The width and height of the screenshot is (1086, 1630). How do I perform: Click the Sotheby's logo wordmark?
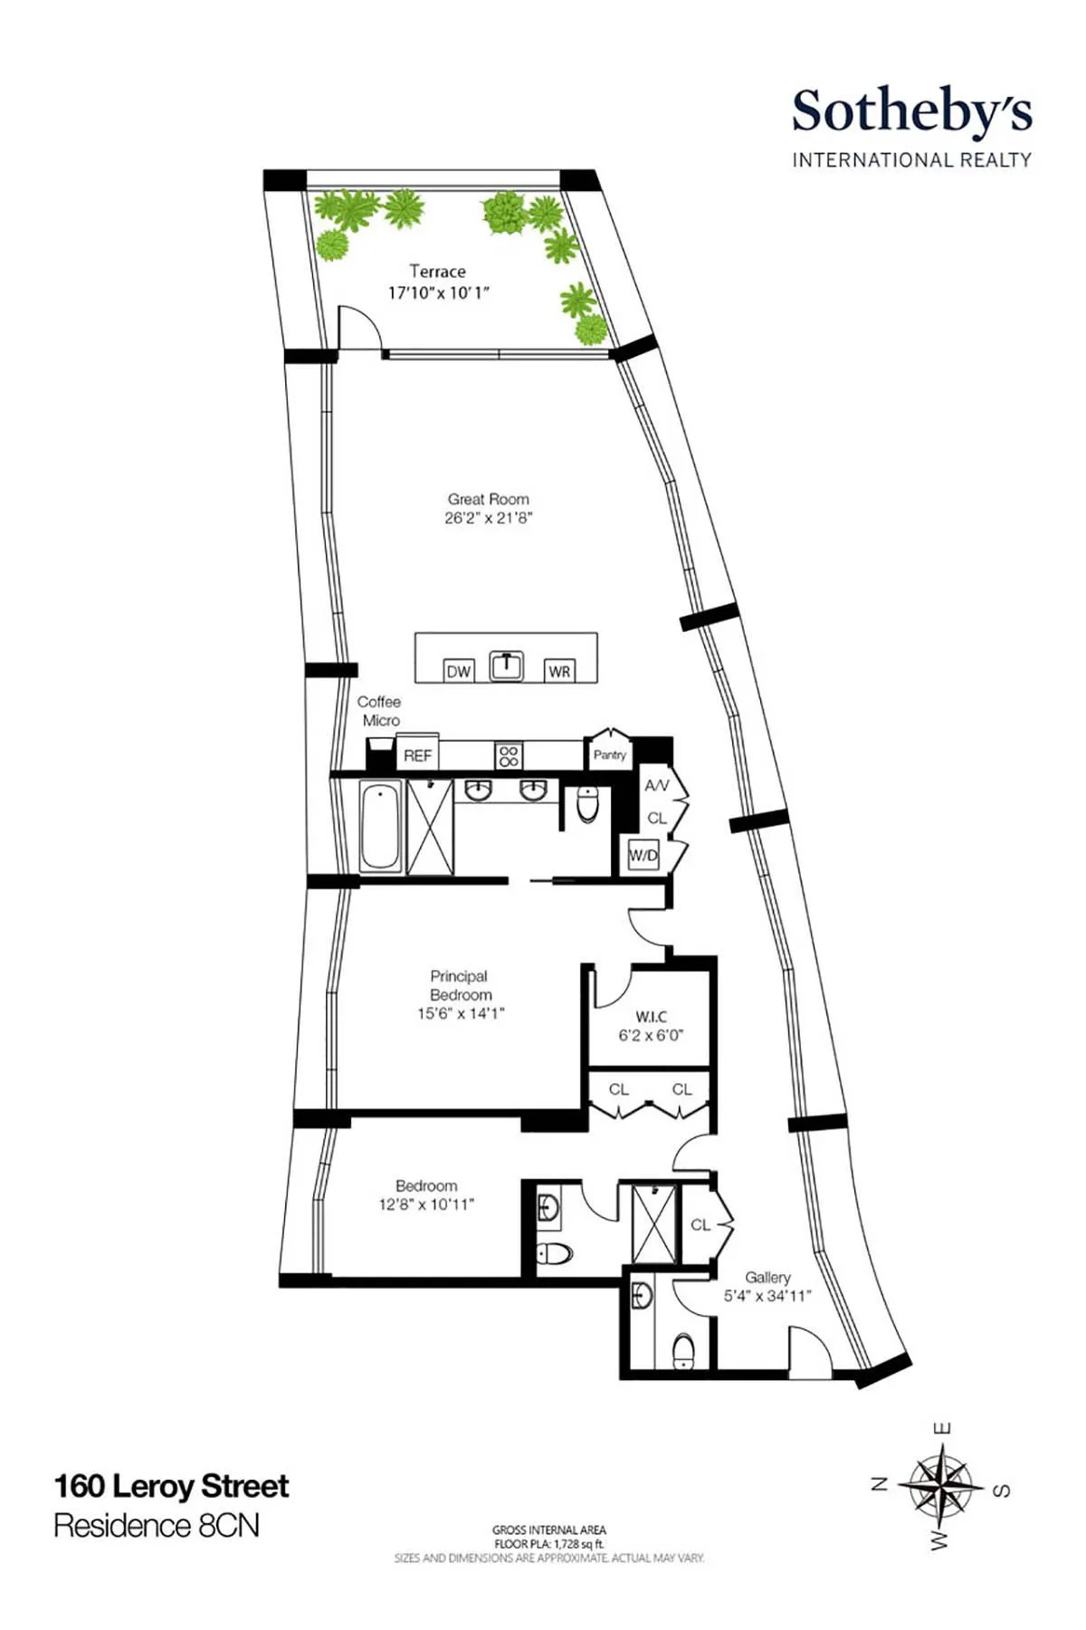click(911, 112)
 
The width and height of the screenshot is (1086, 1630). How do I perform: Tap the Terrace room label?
click(437, 271)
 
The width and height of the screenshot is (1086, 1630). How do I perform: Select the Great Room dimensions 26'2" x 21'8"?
click(489, 518)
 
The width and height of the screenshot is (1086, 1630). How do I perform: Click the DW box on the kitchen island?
click(459, 671)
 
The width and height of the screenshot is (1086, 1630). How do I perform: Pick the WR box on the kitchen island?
click(559, 671)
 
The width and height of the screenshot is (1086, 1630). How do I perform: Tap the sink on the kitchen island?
click(507, 666)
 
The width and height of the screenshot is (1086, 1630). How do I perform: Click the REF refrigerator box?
click(417, 755)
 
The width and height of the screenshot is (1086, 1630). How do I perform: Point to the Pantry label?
click(609, 754)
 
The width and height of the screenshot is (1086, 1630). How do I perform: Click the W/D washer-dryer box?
click(643, 855)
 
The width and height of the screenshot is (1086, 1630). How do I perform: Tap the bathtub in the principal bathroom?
click(381, 827)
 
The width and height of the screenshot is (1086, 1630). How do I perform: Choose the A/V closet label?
click(656, 786)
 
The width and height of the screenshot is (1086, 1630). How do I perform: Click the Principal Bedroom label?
click(460, 985)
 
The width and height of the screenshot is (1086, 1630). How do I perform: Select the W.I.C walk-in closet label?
click(651, 1017)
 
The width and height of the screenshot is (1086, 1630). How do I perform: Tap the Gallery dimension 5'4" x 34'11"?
click(767, 1296)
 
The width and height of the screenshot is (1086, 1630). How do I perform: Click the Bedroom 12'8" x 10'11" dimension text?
click(426, 1204)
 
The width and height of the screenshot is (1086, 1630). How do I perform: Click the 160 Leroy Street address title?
click(172, 1486)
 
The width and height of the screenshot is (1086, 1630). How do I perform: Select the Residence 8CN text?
click(157, 1526)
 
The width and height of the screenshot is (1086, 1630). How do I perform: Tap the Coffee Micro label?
click(380, 711)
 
